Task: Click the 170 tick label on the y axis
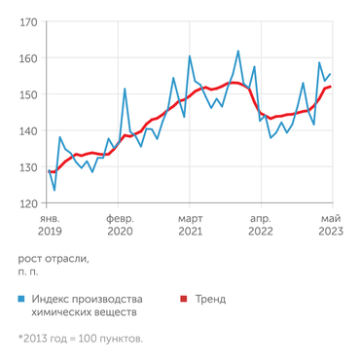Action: click(28, 21)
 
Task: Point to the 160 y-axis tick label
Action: click(28, 58)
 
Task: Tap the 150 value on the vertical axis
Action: click(28, 94)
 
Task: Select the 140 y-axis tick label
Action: click(28, 131)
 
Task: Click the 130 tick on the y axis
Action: click(28, 167)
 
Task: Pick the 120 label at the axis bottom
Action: click(28, 203)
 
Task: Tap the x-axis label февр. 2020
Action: click(120, 227)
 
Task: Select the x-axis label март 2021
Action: click(190, 227)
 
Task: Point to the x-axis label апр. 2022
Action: click(261, 227)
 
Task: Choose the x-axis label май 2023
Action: click(331, 227)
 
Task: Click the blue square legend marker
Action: click(22, 300)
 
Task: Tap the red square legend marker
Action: click(181, 300)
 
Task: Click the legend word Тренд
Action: click(210, 300)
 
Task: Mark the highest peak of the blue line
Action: click(238, 51)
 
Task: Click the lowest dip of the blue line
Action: click(54, 190)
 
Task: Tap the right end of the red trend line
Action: click(331, 87)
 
